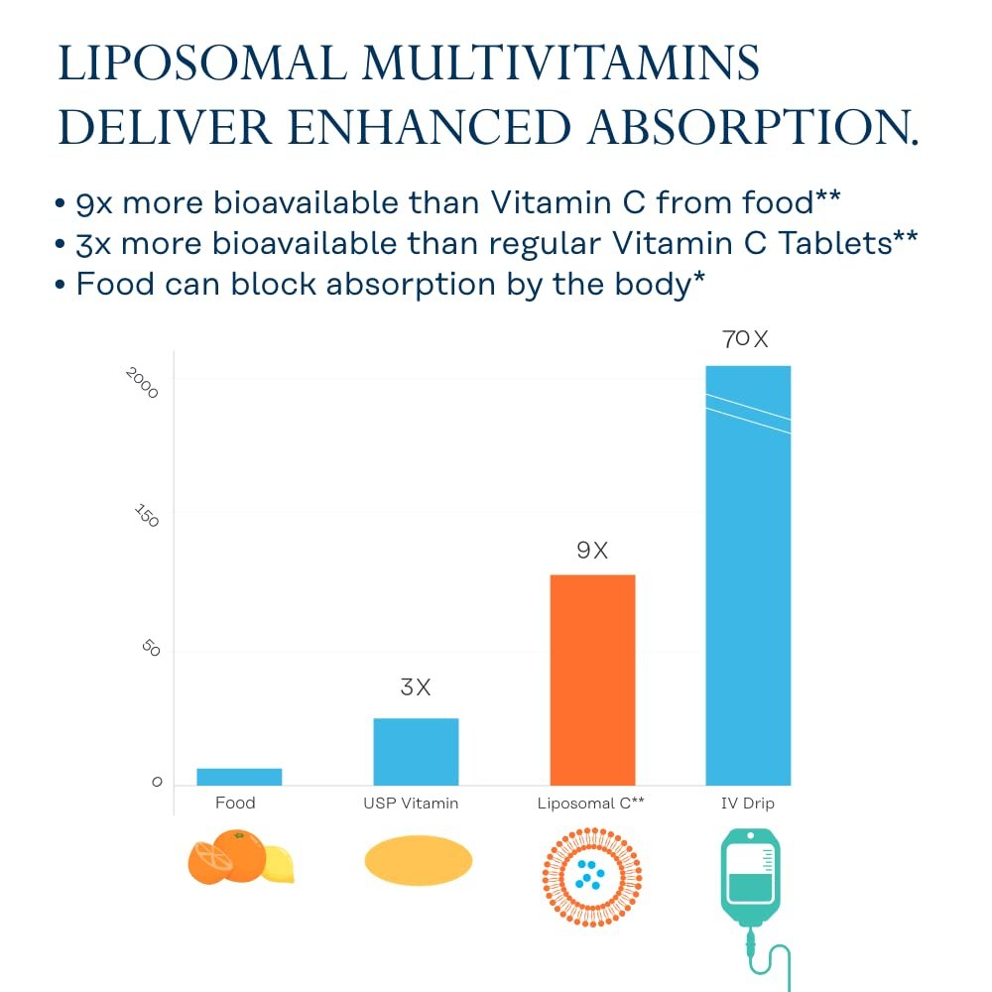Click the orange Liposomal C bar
[x=592, y=680]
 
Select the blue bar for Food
[x=239, y=777]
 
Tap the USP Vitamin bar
[x=416, y=751]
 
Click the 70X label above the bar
[x=745, y=339]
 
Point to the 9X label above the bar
[x=592, y=551]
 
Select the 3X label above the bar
[x=416, y=686]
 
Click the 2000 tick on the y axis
[x=143, y=382]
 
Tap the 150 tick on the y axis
[x=147, y=515]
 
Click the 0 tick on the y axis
[x=157, y=783]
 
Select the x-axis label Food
[x=235, y=803]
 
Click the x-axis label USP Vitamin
[x=411, y=803]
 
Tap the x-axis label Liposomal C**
[x=590, y=803]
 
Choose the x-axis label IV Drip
[x=747, y=803]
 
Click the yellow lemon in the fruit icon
[x=278, y=864]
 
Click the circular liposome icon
[x=591, y=875]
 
